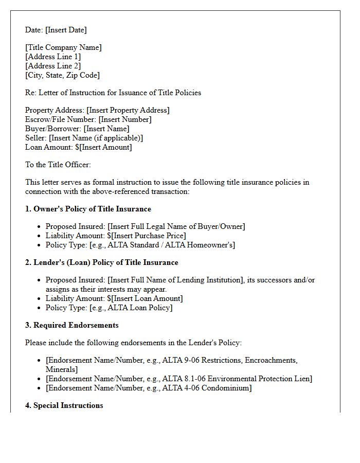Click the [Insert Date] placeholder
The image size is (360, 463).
pyautogui.click(x=66, y=30)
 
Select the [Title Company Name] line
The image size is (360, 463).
pyautogui.click(x=63, y=47)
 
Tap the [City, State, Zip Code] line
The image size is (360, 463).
pyautogui.click(x=62, y=75)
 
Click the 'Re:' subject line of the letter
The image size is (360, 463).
pyautogui.click(x=113, y=93)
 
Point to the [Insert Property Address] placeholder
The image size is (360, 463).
pyautogui.click(x=128, y=110)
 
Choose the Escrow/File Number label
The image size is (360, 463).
pyautogui.click(x=60, y=119)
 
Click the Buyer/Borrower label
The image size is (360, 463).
pyautogui.click(x=53, y=129)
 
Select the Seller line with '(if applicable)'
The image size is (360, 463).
pyautogui.click(x=84, y=138)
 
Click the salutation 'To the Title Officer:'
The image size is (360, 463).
pyautogui.click(x=58, y=165)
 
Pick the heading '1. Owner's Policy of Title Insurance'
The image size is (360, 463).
pyautogui.click(x=88, y=209)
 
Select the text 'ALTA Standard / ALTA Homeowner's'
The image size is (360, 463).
pyautogui.click(x=172, y=245)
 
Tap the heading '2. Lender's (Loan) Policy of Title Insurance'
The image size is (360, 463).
pyautogui.click(x=101, y=262)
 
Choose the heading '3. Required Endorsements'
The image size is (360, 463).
pyautogui.click(x=72, y=325)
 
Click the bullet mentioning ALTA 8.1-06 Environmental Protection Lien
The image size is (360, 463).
pyautogui.click(x=178, y=379)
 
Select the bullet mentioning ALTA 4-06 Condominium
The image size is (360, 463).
pyautogui.click(x=149, y=388)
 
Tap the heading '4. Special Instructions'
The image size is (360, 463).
pyautogui.click(x=64, y=405)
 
